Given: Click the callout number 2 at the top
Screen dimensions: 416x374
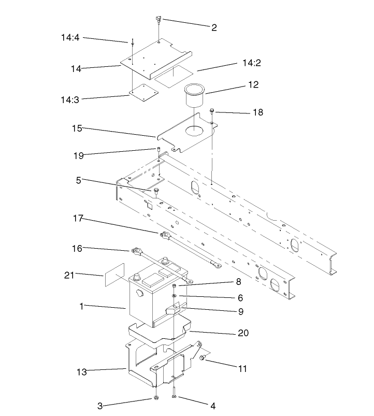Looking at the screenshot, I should tap(214, 27).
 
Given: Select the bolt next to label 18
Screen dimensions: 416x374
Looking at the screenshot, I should tap(213, 110).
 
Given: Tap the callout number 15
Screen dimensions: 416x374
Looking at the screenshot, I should tap(77, 128).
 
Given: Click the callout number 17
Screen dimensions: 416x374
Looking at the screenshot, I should tap(78, 219).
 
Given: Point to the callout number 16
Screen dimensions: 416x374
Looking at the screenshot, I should tap(77, 249).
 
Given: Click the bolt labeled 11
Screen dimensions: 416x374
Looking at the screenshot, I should tap(204, 358).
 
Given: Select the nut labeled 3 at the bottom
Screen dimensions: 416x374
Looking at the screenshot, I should tap(156, 398).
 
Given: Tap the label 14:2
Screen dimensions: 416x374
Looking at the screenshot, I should tap(251, 63).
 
